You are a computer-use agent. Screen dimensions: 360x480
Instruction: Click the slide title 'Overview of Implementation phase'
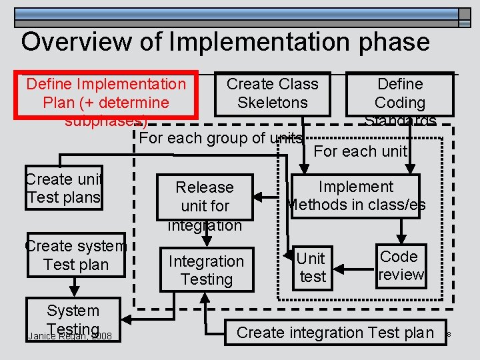(225, 41)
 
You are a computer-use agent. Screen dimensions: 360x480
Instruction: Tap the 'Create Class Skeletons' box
(273, 93)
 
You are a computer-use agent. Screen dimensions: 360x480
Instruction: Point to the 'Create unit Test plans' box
(63, 188)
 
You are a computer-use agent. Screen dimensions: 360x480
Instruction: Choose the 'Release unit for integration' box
(205, 198)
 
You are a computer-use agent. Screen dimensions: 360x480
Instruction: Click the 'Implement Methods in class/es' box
(356, 195)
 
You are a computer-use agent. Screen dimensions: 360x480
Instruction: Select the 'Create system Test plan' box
(75, 255)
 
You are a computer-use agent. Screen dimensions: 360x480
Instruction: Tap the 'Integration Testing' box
(206, 270)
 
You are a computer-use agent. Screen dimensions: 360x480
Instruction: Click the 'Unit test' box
(312, 267)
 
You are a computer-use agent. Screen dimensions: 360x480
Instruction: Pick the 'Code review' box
(401, 265)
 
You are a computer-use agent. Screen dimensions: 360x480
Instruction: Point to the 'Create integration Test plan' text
(335, 332)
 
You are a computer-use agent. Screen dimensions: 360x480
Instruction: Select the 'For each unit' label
(360, 151)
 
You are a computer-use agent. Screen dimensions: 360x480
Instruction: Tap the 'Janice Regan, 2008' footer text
(70, 335)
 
